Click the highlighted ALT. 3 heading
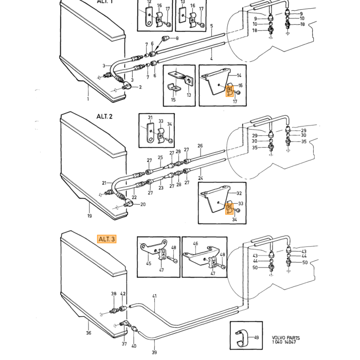[x=107, y=239]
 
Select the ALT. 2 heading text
[x=104, y=116]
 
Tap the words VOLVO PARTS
[x=286, y=338]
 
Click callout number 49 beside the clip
[x=256, y=337]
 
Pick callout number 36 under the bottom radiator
[x=88, y=333]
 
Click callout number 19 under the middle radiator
[x=89, y=215]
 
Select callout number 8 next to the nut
[x=177, y=38]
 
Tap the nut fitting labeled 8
[x=165, y=39]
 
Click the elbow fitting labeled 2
[x=127, y=86]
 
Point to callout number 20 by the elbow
[x=143, y=204]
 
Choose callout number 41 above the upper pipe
[x=154, y=296]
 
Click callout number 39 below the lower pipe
[x=154, y=352]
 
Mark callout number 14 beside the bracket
[x=239, y=75]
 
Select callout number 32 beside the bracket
[x=239, y=193]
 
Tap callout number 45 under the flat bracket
[x=149, y=263]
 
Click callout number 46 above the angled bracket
[x=195, y=243]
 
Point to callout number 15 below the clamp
[x=173, y=100]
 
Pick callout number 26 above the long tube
[x=200, y=146]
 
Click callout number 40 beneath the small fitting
[x=134, y=346]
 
